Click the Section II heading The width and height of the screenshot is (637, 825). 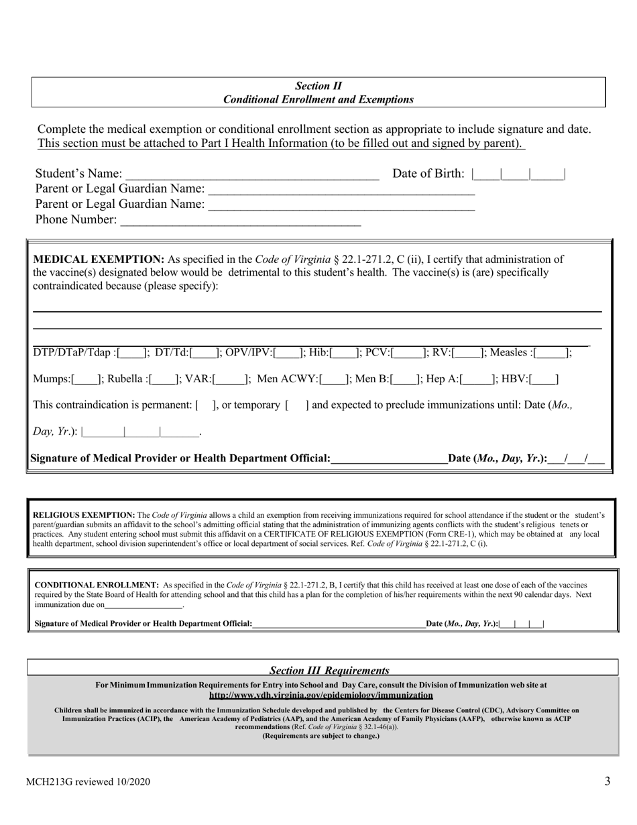(318, 86)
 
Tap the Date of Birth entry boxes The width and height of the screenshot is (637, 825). (518, 174)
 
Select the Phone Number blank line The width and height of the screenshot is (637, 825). (239, 221)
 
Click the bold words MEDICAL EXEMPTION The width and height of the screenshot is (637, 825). (99, 260)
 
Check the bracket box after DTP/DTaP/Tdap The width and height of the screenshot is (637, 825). (131, 353)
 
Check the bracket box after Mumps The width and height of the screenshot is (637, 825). (85, 380)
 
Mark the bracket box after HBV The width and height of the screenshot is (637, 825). (543, 380)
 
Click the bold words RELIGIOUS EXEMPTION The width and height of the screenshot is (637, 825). (84, 516)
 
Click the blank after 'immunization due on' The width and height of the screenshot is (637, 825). (144, 605)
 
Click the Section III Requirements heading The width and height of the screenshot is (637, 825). (329, 671)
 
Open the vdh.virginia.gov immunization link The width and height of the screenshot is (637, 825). (321, 696)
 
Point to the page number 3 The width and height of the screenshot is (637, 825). (607, 781)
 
